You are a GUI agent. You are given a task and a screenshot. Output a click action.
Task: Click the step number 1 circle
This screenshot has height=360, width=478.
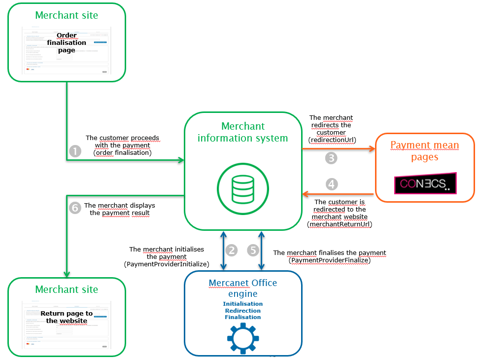[74, 151]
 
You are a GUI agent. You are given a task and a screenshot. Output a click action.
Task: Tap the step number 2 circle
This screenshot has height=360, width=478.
[232, 250]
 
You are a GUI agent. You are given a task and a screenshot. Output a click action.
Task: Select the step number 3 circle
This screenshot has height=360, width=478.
[331, 158]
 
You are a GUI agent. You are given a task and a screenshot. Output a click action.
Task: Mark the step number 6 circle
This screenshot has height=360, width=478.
[75, 208]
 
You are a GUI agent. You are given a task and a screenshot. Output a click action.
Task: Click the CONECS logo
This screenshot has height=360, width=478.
[425, 183]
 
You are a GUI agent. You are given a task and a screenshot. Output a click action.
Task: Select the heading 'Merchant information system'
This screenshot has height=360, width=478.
[242, 132]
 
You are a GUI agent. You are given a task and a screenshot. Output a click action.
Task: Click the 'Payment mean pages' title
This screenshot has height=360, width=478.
[424, 151]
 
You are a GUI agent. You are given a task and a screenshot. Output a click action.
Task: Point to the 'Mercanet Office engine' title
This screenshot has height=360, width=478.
[242, 288]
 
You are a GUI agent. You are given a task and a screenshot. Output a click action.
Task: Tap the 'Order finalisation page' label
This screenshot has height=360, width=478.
[67, 42]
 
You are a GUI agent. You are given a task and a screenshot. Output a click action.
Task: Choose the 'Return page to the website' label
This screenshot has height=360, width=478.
[67, 317]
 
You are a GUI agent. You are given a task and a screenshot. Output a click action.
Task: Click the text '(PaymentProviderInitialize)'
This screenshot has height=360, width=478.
[167, 264]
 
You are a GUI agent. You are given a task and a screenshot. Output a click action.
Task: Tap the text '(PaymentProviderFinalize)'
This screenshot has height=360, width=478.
[329, 260]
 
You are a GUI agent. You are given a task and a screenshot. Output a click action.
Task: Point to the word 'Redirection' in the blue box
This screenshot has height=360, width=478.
[242, 311]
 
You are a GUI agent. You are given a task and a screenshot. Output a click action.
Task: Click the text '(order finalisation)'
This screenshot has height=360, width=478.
[123, 152]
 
